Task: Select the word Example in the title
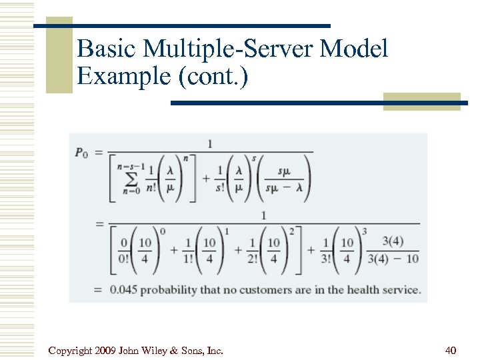124,76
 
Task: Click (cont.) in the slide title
212,76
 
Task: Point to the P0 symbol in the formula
81,153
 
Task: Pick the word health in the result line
357,290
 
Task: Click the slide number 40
451,350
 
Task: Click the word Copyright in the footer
71,350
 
